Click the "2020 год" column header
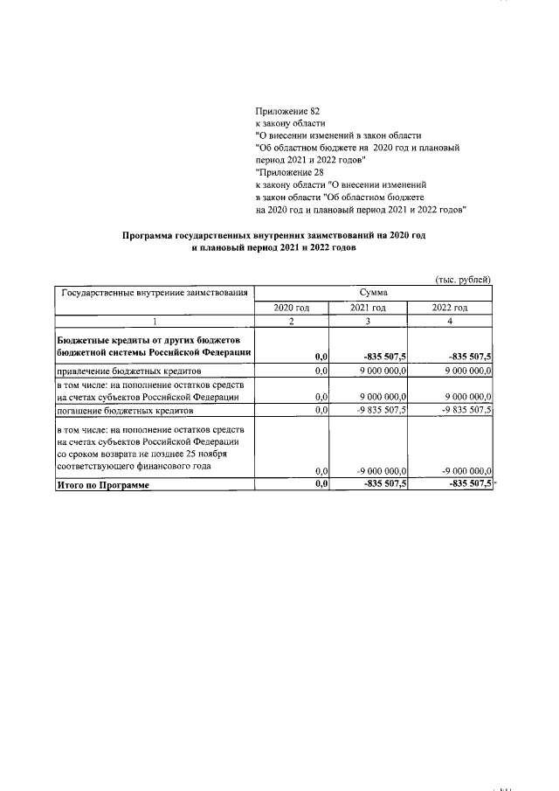(x=292, y=308)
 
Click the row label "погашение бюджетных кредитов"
(x=125, y=410)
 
